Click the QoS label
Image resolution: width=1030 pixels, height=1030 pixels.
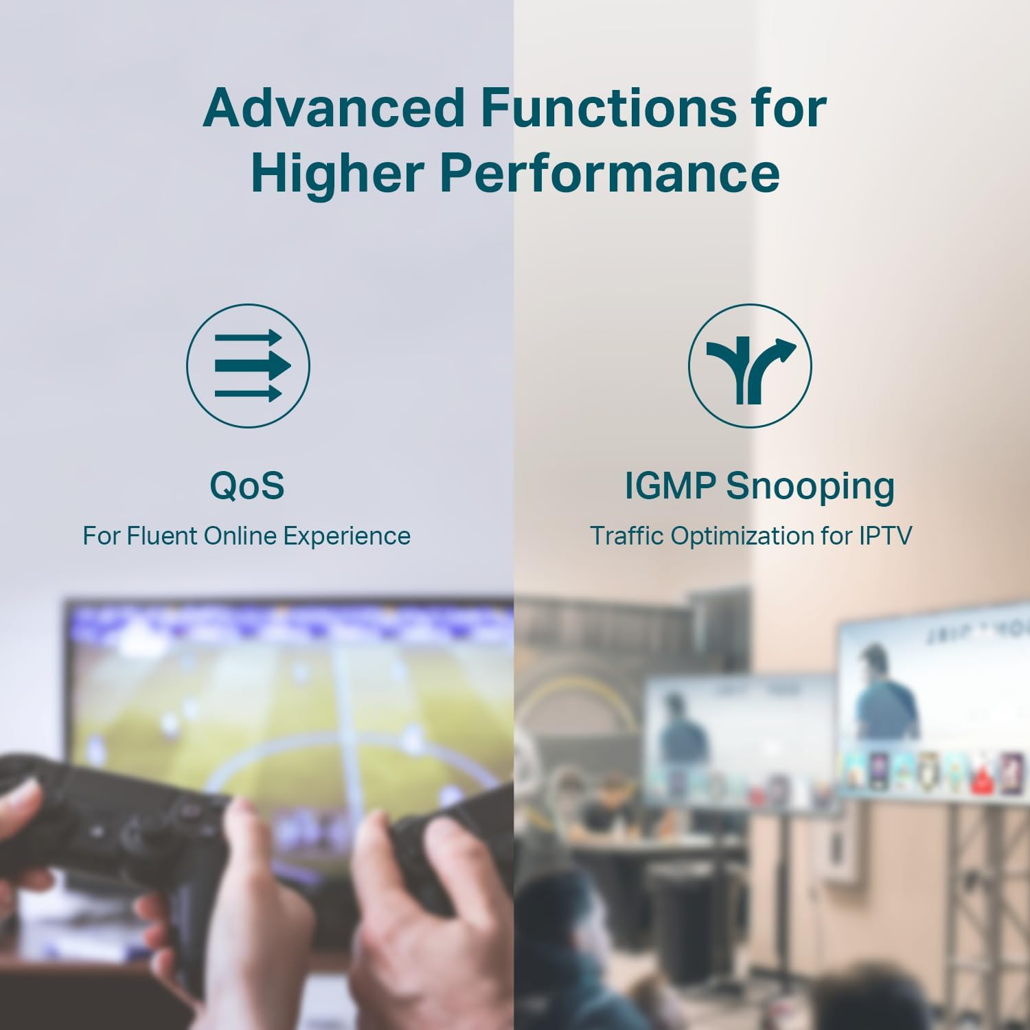(247, 485)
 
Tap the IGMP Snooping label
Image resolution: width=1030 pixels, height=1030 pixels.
(759, 486)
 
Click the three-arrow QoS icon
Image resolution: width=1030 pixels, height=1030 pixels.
(248, 366)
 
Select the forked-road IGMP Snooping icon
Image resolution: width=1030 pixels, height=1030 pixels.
(750, 366)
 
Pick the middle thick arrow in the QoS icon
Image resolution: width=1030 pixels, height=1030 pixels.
(253, 365)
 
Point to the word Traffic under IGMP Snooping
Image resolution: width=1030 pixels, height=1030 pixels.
(628, 536)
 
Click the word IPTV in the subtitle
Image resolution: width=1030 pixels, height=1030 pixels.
(886, 536)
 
